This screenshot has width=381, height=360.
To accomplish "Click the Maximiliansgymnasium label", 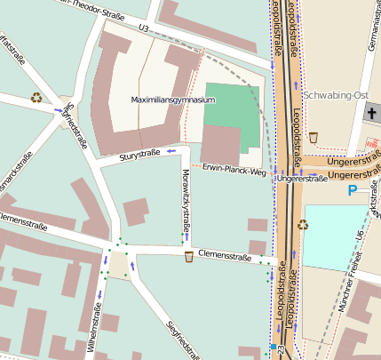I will [x=173, y=101].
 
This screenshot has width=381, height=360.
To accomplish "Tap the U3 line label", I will [x=143, y=28].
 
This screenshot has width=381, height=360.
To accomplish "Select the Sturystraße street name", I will [x=139, y=156].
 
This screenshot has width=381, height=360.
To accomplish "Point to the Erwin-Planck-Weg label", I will [x=234, y=169].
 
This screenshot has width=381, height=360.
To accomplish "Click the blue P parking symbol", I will [x=353, y=190].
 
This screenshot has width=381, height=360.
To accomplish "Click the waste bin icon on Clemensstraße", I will [x=189, y=257].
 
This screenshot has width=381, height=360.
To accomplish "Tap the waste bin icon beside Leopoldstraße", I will [x=313, y=137].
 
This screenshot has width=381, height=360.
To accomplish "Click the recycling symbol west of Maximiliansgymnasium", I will [x=36, y=97].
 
